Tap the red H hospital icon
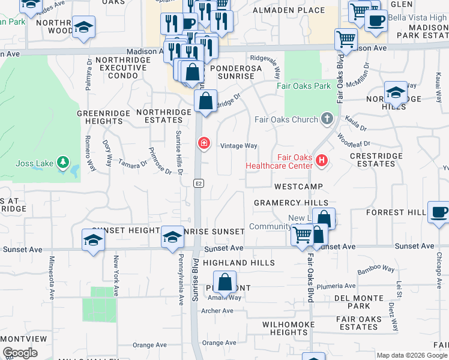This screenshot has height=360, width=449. tap(322, 160)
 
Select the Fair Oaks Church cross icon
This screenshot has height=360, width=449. tap(327, 118)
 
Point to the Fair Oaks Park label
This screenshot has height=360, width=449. tap(304, 86)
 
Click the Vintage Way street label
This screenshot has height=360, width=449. tap(238, 146)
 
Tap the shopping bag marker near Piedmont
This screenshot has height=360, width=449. tap(224, 282)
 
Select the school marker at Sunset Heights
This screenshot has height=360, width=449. tap(93, 240)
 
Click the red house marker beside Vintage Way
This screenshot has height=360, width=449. tap(203, 143)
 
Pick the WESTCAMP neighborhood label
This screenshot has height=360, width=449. tap(299, 187)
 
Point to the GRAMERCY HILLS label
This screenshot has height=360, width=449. tap(291, 203)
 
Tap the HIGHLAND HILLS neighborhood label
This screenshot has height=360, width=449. tap(238, 263)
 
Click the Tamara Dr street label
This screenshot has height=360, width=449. tap(133, 163)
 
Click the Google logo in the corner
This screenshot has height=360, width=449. tap(20, 353)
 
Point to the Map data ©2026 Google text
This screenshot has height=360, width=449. tap(412, 355)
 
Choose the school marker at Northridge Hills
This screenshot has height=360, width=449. tap(396, 93)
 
